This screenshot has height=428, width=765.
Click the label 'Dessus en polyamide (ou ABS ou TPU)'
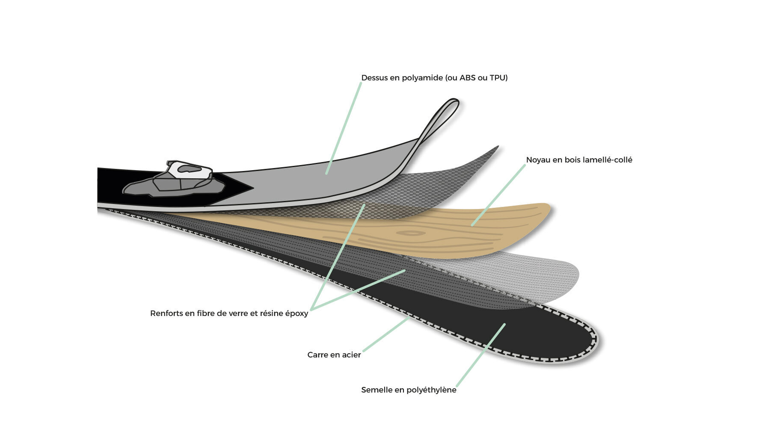pos(434,78)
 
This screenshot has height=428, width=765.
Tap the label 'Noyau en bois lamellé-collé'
pos(579,160)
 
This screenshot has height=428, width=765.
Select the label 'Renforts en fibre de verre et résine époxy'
pos(229,313)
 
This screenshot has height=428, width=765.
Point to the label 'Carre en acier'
pos(334,355)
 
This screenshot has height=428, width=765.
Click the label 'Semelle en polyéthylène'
pos(409,390)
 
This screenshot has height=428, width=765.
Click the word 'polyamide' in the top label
pos(422,78)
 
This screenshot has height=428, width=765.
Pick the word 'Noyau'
pos(539,160)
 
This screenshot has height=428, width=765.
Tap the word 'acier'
pos(351,355)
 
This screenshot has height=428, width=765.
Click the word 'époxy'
pos(297,314)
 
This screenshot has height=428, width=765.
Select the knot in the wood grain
pos(411,233)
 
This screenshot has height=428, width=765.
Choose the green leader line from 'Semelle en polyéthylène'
pos(481,355)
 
